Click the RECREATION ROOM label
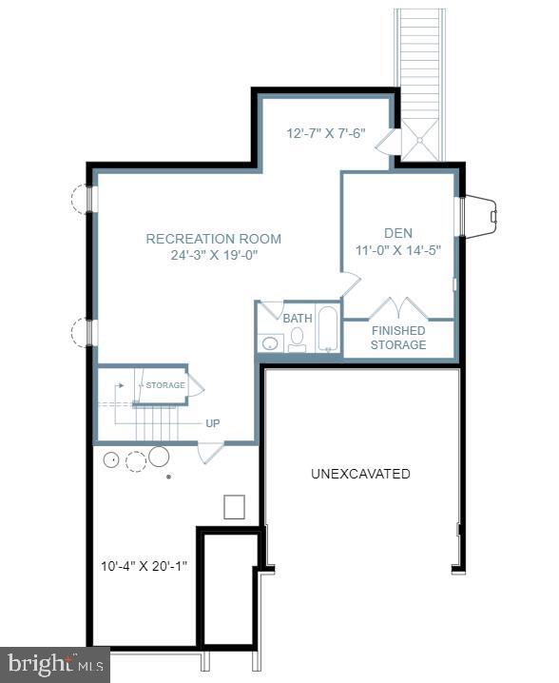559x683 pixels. pos(213,239)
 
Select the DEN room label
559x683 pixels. pos(398,232)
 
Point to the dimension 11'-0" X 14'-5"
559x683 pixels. pos(398,249)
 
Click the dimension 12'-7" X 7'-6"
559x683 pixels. pos(326,134)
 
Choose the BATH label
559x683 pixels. pos(298,318)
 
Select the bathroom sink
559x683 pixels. pos(270,342)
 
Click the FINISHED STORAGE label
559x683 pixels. pos(398,338)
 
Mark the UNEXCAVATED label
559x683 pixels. pos(360,473)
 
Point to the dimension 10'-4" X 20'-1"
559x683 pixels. pos(144,566)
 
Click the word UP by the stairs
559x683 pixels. pos(213,423)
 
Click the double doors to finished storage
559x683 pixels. pos(398,308)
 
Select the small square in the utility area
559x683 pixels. pos(235,507)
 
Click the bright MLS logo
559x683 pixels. pos(54,664)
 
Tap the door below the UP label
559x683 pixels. pos(210,451)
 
